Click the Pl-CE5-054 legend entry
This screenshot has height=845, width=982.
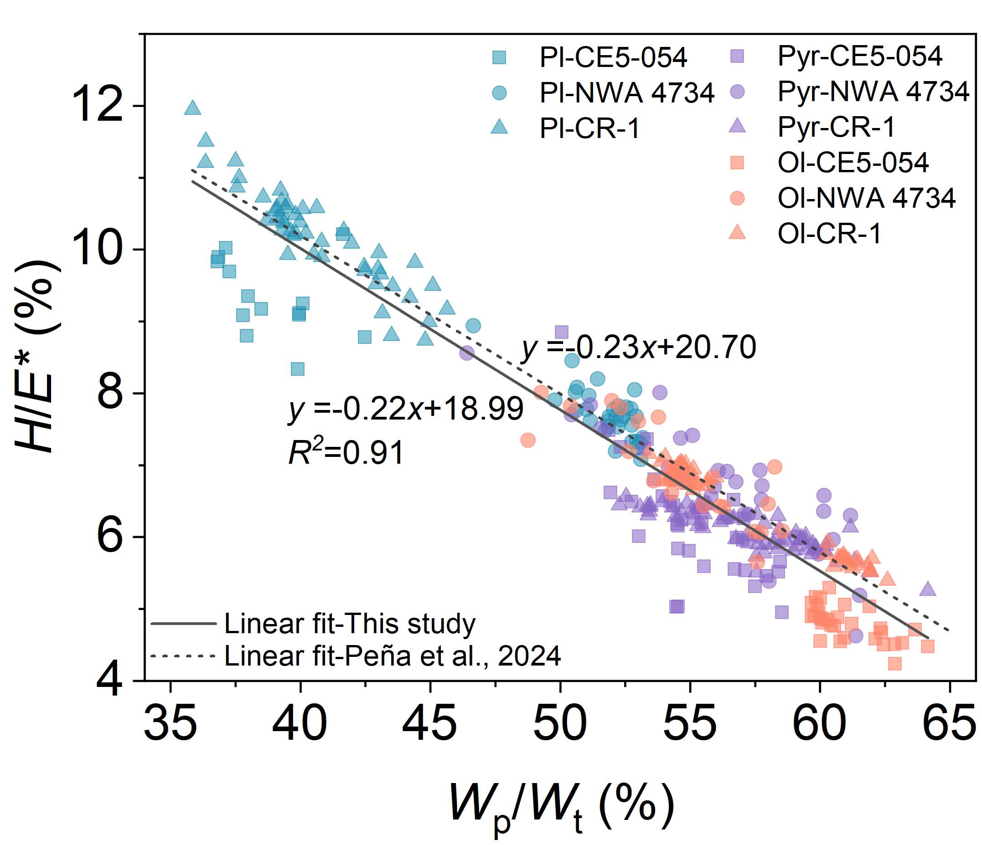613,57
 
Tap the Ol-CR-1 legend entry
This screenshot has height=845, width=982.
829,234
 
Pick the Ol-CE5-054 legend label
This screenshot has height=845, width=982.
853,163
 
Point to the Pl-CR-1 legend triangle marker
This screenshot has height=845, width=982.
500,127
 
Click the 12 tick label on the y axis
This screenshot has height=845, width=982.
98,105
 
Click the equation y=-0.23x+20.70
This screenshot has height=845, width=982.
638,347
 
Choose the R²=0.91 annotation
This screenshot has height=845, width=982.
346,452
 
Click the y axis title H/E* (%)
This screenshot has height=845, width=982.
38,356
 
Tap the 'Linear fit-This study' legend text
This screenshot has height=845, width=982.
350,624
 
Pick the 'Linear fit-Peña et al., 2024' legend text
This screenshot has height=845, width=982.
393,656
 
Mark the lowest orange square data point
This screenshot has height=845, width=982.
894,664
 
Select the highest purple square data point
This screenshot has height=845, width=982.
562,332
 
